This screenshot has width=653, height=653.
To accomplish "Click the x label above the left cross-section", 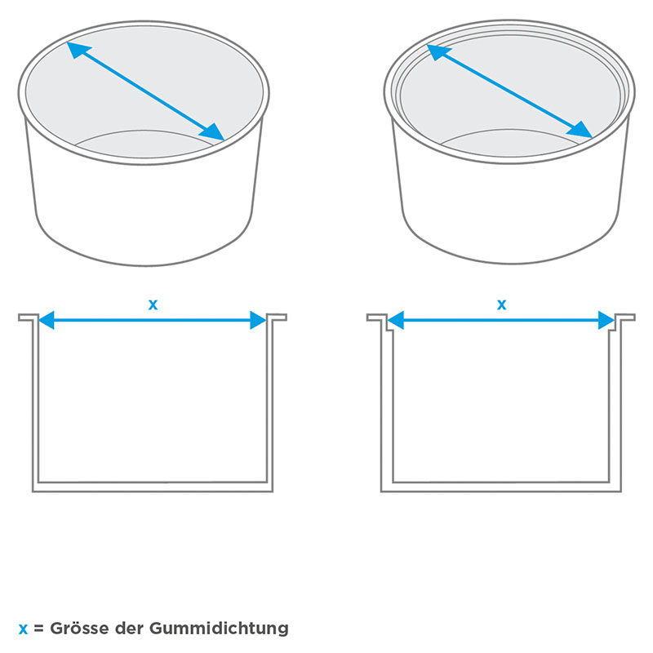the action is [153, 304].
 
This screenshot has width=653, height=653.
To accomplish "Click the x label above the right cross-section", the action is [501, 304].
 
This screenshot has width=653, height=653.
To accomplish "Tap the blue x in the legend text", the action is [24, 629].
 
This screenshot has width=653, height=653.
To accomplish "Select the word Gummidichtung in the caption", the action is [219, 629].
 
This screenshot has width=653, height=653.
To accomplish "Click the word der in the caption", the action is [128, 628].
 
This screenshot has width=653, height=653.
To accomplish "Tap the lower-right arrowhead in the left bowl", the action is [213, 132].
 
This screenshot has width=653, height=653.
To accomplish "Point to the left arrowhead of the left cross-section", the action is [46, 320].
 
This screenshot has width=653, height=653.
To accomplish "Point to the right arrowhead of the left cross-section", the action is [258, 320].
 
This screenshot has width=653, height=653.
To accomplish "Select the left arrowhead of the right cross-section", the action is [395, 320].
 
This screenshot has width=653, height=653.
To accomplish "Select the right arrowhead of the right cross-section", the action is [606, 320].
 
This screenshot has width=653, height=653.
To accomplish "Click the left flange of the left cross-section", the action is [29, 318].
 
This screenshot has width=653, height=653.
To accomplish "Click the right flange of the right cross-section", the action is [625, 318].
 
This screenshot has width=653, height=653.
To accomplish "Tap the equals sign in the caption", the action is [38, 629].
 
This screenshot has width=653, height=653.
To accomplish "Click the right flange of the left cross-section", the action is [277, 318].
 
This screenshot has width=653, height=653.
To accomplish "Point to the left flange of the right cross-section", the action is [377, 318].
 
